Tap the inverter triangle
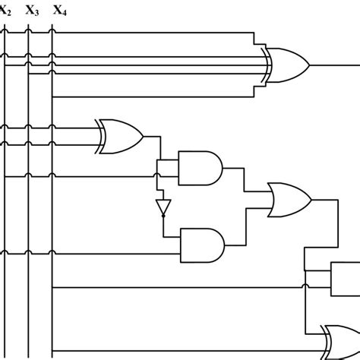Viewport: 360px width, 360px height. [x=162, y=205]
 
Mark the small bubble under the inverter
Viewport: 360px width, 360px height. [x=162, y=216]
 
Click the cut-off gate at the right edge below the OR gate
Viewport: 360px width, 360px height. [x=346, y=277]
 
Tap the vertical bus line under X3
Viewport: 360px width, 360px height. [x=28, y=228]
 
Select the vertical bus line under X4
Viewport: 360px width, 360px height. [x=52, y=228]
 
